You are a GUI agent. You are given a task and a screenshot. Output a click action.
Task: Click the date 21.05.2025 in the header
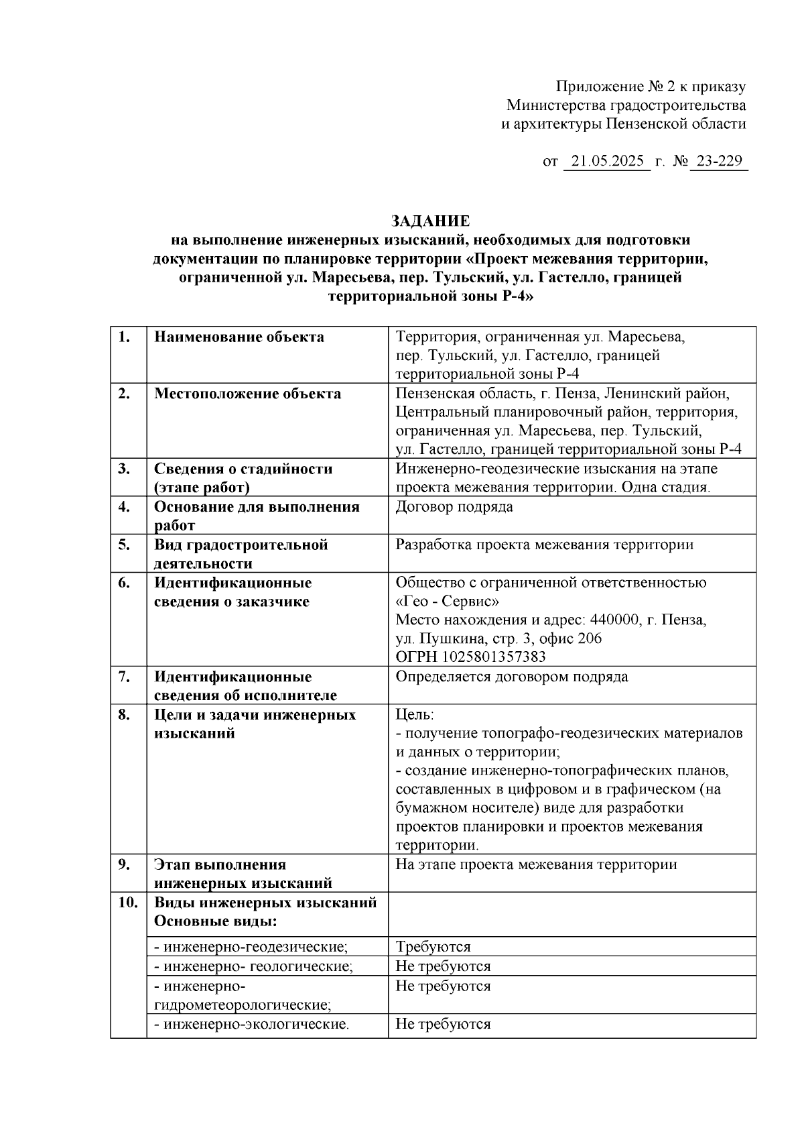pyautogui.click(x=608, y=162)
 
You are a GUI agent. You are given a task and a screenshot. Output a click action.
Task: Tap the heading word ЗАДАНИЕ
pyautogui.click(x=430, y=221)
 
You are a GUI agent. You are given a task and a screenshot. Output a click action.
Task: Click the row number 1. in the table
pyautogui.click(x=124, y=337)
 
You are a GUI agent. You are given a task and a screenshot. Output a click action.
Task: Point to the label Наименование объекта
pyautogui.click(x=239, y=337)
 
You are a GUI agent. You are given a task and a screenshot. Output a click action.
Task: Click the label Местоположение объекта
pyautogui.click(x=247, y=394)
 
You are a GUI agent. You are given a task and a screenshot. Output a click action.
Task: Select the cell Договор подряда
pyautogui.click(x=454, y=506)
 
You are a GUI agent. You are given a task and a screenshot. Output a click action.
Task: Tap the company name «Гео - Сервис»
pyautogui.click(x=448, y=601)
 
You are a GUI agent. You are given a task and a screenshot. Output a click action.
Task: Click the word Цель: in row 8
pyautogui.click(x=415, y=715)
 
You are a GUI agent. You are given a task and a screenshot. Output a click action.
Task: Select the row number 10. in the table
pyautogui.click(x=128, y=903)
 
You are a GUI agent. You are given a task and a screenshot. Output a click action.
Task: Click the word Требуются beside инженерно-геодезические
pyautogui.click(x=433, y=947)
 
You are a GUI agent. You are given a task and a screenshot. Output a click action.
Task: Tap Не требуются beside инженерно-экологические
pyautogui.click(x=443, y=1024)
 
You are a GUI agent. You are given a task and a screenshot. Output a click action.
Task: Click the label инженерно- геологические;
pyautogui.click(x=253, y=966)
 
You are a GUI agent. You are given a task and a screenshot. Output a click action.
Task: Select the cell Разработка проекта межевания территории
pyautogui.click(x=544, y=545)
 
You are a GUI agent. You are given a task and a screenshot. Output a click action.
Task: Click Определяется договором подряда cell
pyautogui.click(x=512, y=676)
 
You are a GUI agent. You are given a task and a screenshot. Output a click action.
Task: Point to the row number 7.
pyautogui.click(x=124, y=676)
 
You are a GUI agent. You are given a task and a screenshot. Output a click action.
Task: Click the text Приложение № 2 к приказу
pyautogui.click(x=651, y=87)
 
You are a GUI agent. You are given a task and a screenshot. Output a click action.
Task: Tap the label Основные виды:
pyautogui.click(x=216, y=921)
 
